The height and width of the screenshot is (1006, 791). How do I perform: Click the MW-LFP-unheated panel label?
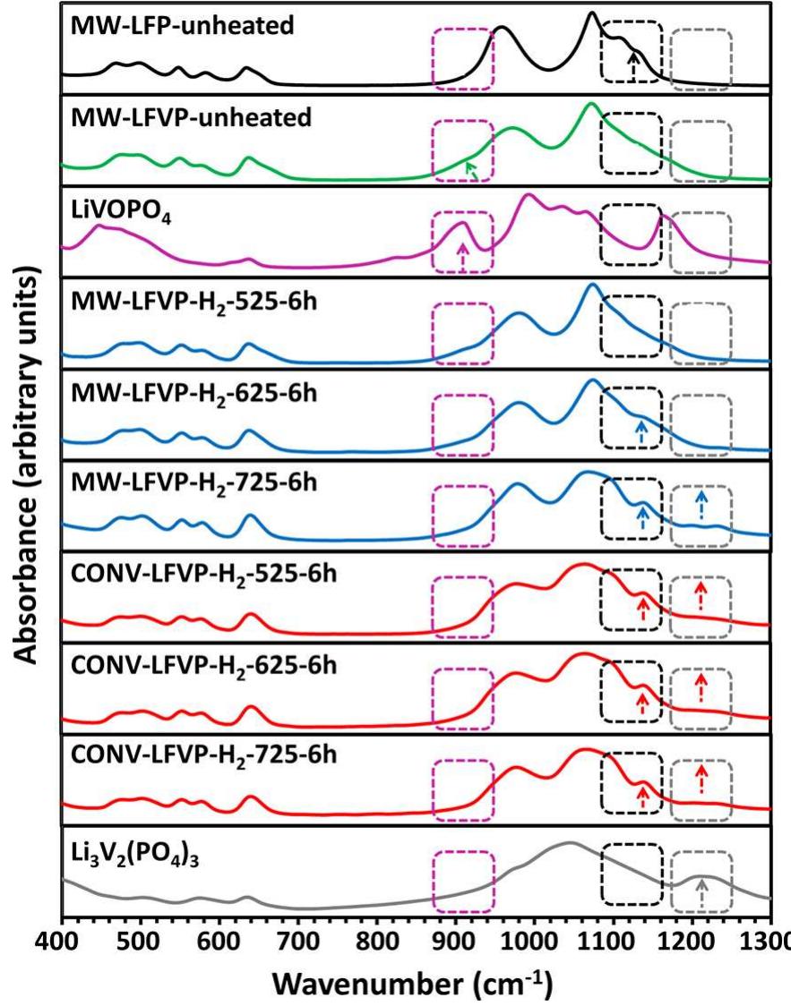pyautogui.click(x=181, y=26)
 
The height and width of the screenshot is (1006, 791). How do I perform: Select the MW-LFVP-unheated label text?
pyautogui.click(x=190, y=118)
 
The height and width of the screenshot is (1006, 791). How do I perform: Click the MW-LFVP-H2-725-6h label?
pyautogui.click(x=194, y=483)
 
